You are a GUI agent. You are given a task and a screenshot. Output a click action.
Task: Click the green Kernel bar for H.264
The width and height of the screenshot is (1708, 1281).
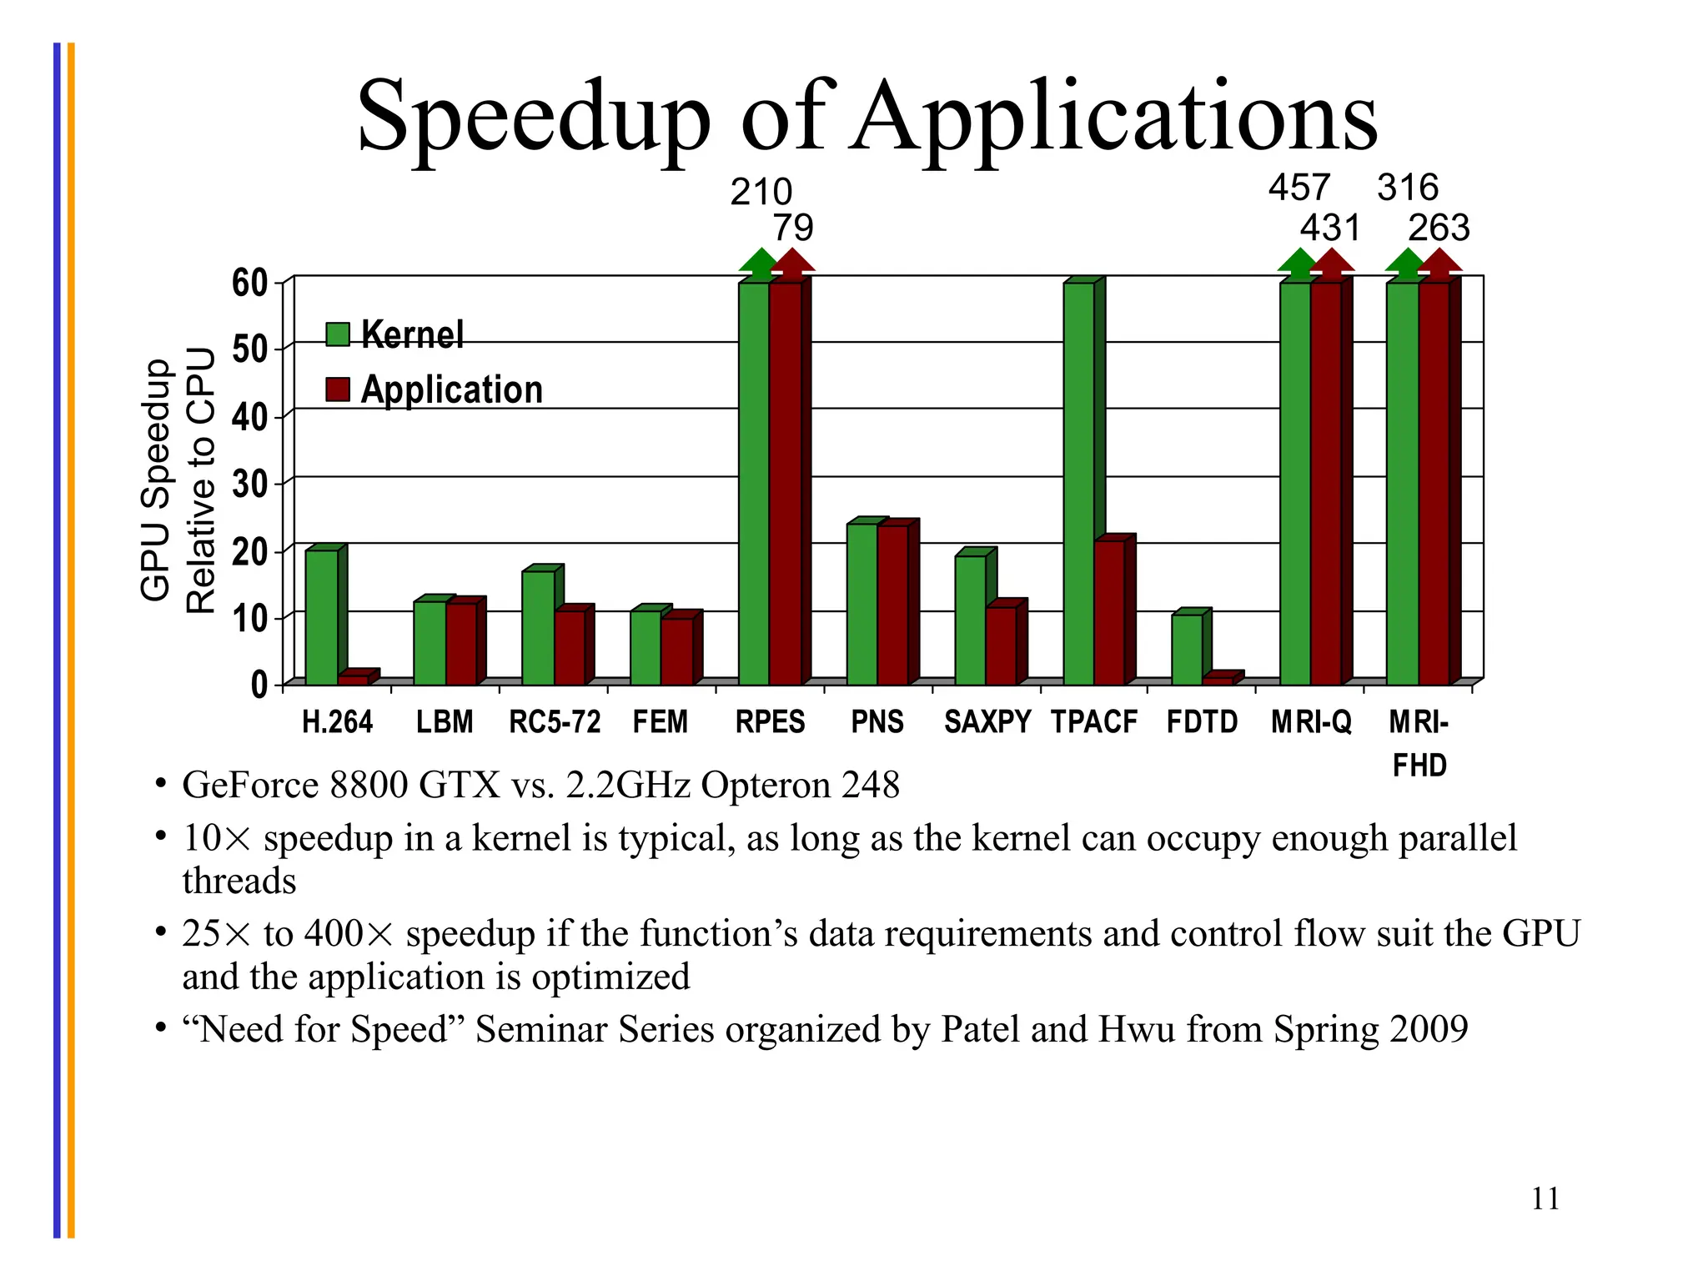(321, 617)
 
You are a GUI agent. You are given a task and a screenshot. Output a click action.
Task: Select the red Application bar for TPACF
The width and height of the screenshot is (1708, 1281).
(1109, 613)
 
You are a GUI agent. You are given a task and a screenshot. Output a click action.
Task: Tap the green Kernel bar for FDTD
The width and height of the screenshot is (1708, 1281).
(1187, 650)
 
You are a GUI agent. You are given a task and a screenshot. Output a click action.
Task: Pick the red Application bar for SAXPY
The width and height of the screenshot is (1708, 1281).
(1001, 646)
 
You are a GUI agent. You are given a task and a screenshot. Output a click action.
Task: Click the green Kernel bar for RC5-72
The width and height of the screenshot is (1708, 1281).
(538, 627)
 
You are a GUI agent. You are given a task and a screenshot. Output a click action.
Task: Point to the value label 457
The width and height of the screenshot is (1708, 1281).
(1299, 188)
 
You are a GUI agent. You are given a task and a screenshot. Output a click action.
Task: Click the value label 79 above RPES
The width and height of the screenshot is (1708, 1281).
(792, 228)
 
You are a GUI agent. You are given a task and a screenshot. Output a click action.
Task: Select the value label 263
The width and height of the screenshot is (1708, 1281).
(1439, 228)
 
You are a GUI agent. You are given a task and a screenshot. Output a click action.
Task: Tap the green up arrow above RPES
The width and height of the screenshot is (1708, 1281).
(759, 264)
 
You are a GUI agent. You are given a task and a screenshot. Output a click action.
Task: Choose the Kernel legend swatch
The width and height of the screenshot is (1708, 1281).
(338, 334)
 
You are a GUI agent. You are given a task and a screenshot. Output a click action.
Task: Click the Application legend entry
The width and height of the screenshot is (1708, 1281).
(451, 389)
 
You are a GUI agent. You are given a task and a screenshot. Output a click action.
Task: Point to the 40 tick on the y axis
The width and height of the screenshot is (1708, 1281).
(249, 417)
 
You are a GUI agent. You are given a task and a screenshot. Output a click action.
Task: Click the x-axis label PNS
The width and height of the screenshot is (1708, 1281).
(877, 721)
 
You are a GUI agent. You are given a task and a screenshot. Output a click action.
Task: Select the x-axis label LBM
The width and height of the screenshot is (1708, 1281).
(445, 721)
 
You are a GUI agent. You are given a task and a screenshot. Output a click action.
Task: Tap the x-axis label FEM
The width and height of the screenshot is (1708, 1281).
(661, 721)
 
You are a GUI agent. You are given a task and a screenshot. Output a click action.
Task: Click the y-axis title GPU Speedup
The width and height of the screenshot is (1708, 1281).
(156, 480)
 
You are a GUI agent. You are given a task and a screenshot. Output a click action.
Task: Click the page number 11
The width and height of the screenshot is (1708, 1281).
(1545, 1198)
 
